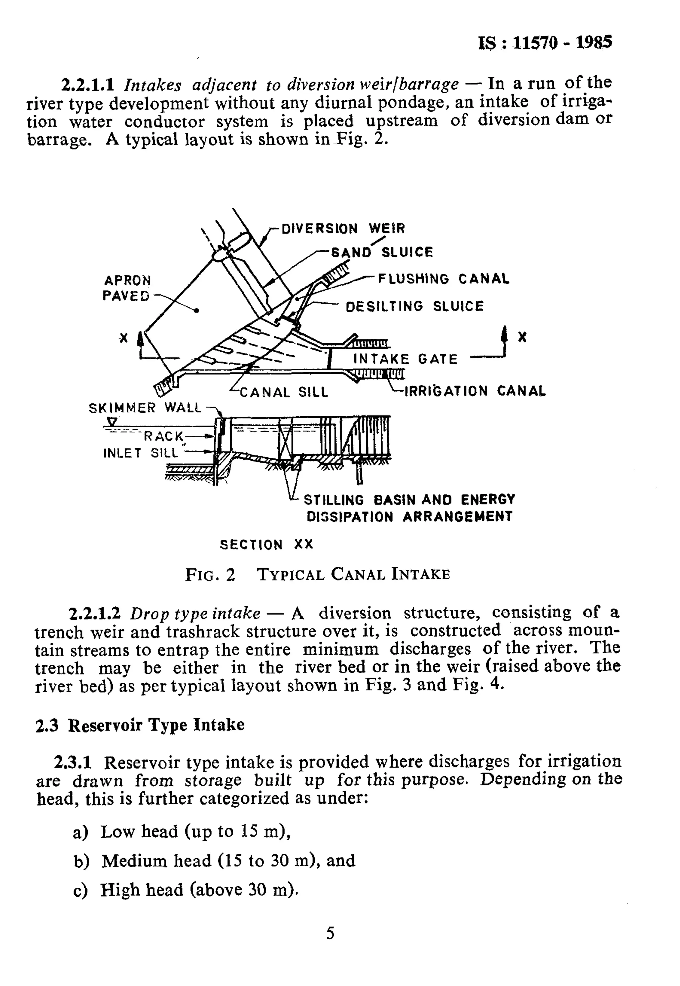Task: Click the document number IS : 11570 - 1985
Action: point(546,42)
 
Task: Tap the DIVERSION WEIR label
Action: point(343,229)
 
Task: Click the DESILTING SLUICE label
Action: point(415,307)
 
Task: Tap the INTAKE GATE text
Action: point(405,359)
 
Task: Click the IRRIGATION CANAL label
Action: point(474,391)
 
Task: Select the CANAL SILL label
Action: point(284,392)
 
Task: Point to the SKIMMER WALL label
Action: point(145,408)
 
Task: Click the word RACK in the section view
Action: point(163,436)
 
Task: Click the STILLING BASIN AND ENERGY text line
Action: point(409,499)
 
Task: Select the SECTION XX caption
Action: point(266,545)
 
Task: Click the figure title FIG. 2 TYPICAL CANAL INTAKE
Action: point(317,575)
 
